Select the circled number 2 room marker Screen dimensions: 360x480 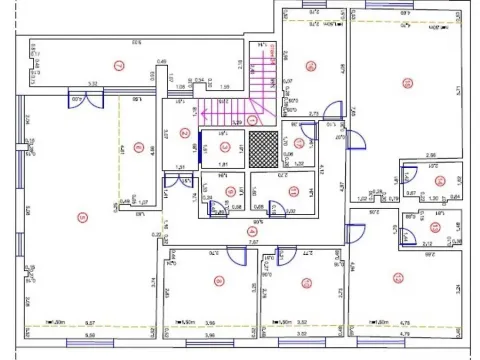183,132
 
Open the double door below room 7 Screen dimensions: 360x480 84,97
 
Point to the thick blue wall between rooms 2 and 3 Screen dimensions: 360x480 201,145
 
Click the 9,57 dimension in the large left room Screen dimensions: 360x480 90,322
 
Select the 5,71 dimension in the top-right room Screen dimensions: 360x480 456,90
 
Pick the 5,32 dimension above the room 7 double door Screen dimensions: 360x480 91,84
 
